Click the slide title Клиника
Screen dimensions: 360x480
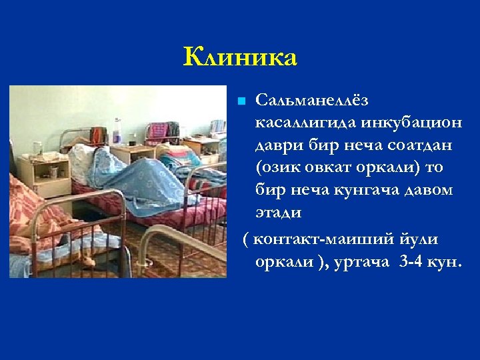pos(240,57)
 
